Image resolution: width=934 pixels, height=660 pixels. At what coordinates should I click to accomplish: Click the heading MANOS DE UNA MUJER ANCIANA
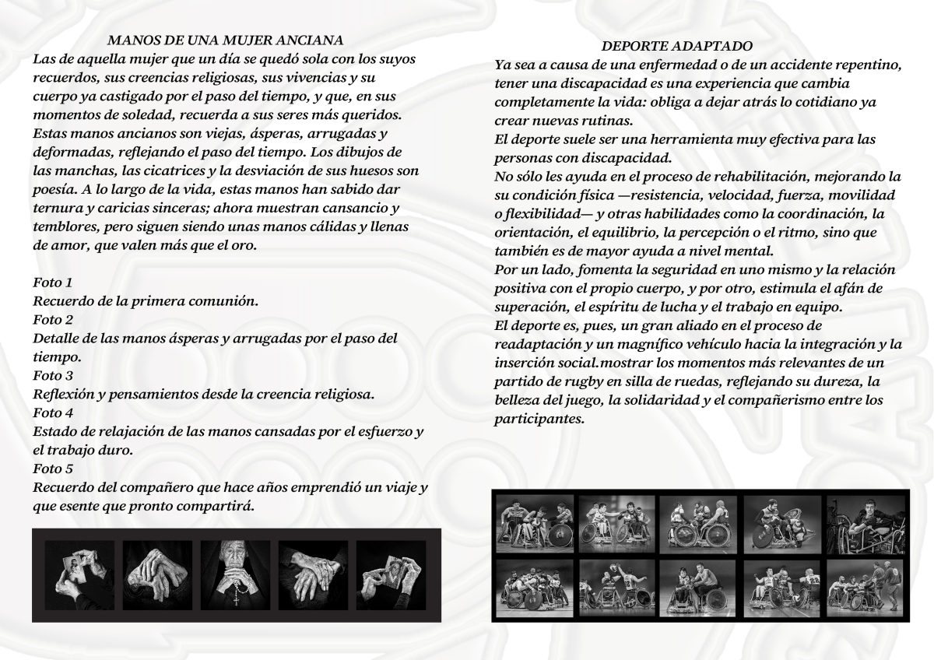coord(225,40)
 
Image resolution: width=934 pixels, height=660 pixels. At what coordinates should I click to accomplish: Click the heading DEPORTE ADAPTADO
coord(677,47)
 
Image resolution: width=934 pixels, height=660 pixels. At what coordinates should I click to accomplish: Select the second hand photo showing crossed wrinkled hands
coord(158,575)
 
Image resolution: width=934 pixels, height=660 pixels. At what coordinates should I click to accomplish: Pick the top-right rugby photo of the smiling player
coord(865,525)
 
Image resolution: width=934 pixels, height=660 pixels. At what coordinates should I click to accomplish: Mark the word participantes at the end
coord(538,419)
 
